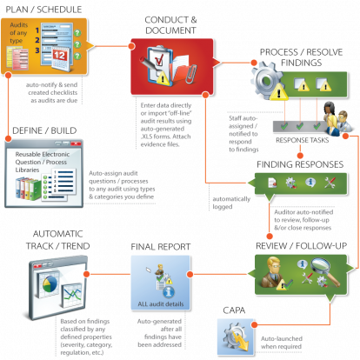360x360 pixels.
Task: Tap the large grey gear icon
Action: (265, 83)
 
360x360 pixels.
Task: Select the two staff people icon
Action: (332, 114)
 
